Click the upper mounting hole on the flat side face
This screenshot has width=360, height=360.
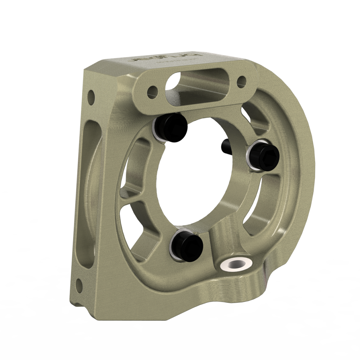(x=91, y=95)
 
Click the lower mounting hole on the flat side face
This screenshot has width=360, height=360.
(x=79, y=282)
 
